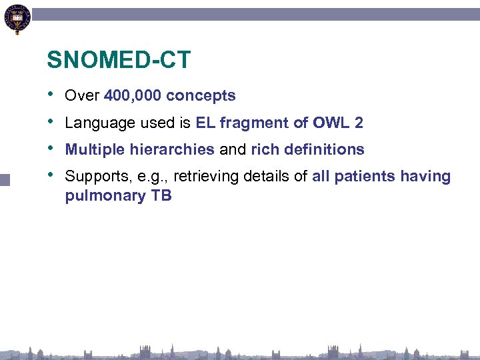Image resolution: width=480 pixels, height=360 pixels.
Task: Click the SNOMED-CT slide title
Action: tap(119, 61)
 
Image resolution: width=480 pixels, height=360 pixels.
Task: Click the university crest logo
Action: tap(17, 19)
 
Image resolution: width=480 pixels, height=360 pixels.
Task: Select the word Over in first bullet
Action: tap(82, 96)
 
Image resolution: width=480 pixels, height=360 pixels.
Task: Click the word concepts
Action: tap(201, 96)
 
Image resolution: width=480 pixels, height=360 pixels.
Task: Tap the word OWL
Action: tap(331, 123)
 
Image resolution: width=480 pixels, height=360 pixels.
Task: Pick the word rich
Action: tap(265, 149)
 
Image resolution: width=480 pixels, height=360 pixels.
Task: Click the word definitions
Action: tap(323, 149)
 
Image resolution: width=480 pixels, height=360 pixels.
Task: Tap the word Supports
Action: tap(92, 177)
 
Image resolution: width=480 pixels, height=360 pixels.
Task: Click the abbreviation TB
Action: tap(162, 196)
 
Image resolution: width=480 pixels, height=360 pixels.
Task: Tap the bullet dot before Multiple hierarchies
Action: tap(51, 147)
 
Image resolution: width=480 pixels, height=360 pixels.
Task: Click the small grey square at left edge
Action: tap(5, 179)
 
